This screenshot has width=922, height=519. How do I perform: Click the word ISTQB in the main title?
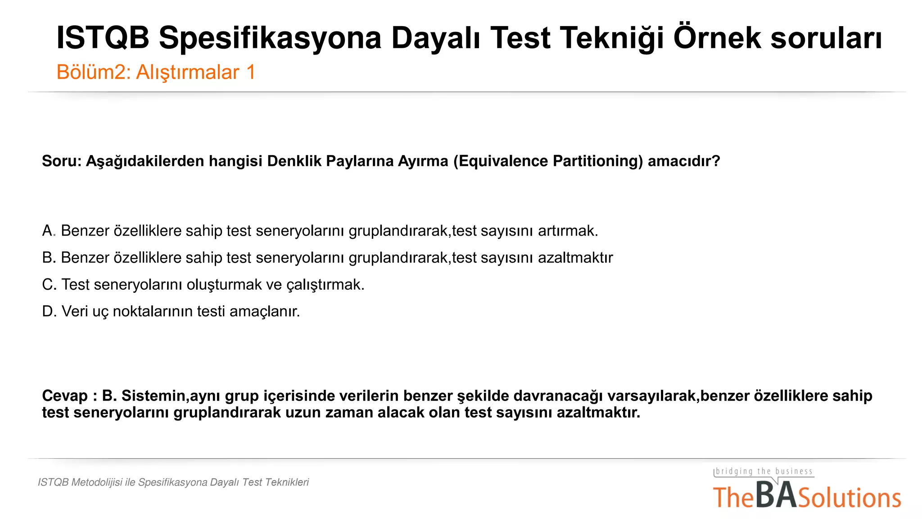[x=103, y=38]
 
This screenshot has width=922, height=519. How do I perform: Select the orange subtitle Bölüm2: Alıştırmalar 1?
[x=156, y=72]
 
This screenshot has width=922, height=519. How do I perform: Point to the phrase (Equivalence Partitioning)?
[x=548, y=161]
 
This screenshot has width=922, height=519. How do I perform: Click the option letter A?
[x=48, y=231]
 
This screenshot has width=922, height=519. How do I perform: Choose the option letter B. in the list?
[x=49, y=258]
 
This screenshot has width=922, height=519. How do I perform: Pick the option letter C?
[x=49, y=285]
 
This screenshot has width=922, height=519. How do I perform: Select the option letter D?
[x=49, y=311]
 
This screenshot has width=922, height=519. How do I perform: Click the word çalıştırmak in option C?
[x=325, y=285]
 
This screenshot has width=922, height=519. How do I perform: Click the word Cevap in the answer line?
[x=65, y=396]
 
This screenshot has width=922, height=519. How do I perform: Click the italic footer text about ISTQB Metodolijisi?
[x=173, y=482]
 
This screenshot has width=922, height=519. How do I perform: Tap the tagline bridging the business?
[x=764, y=471]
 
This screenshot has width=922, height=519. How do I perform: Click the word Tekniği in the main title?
[x=610, y=38]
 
